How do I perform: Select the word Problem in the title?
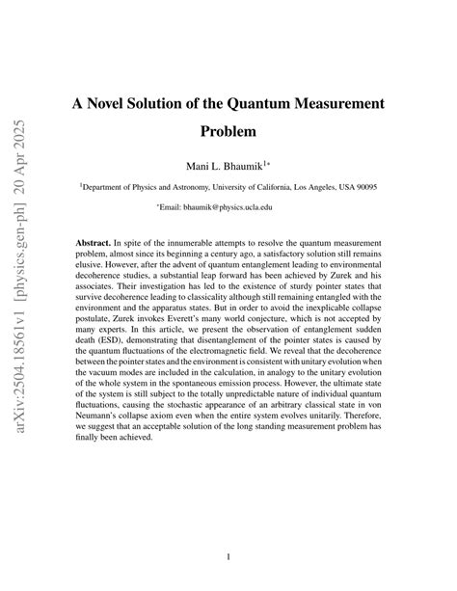pyautogui.click(x=228, y=130)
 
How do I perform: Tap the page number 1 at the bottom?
pyautogui.click(x=228, y=556)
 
